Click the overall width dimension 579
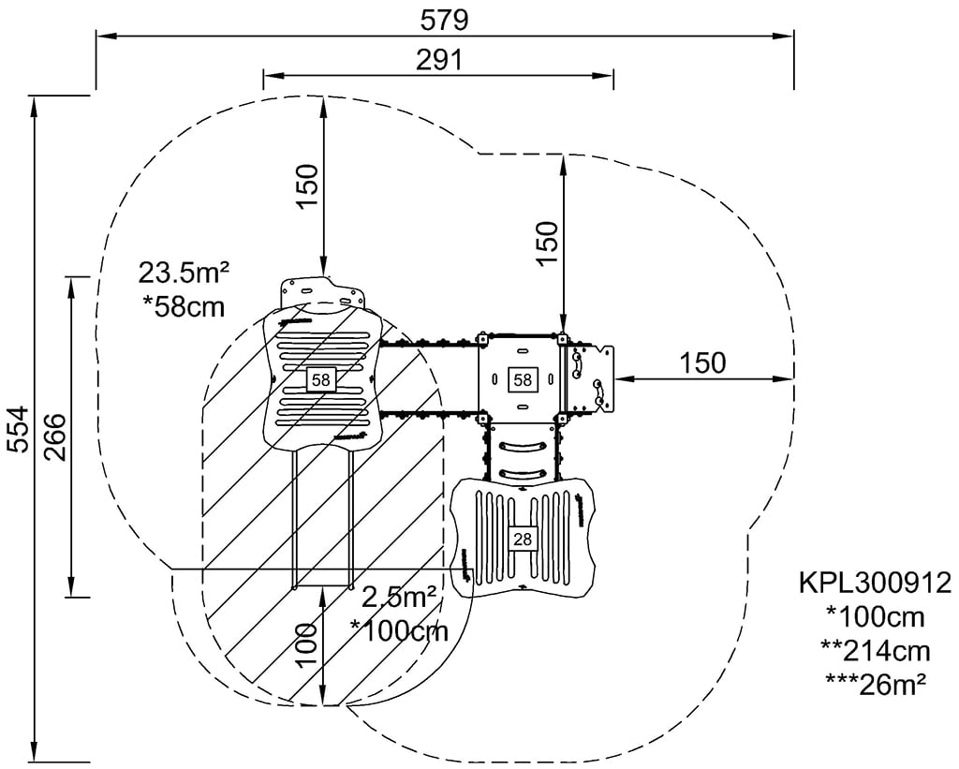pos(444,19)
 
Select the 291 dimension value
pos(438,60)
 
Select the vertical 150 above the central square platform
pos(547,242)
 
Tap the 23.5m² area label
pos(184,273)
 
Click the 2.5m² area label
pos(399,596)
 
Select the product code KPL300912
pos(875,584)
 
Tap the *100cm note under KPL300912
pos(876,617)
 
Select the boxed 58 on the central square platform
pos(522,379)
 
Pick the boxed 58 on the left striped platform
pos(321,379)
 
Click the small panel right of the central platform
pos(587,378)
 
